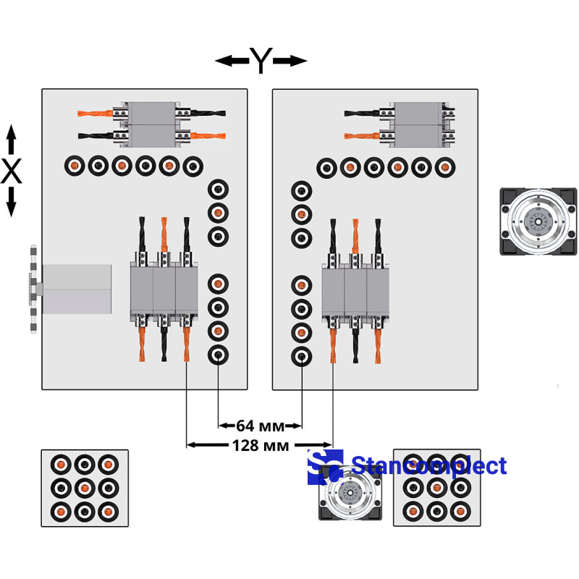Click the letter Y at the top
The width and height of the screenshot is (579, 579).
pyautogui.click(x=260, y=62)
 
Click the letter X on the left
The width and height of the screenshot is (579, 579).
pyautogui.click(x=11, y=172)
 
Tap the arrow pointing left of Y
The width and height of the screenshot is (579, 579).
pyautogui.click(x=231, y=62)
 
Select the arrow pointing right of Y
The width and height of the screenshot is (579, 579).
pyautogui.click(x=290, y=62)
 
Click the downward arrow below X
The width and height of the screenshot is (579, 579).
pyautogui.click(x=11, y=202)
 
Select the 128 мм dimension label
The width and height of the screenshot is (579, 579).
pyautogui.click(x=260, y=444)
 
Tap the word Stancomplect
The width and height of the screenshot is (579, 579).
pyautogui.click(x=428, y=465)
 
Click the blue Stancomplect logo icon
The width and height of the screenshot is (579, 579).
pyautogui.click(x=325, y=465)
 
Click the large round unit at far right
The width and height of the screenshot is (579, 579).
pyautogui.click(x=539, y=221)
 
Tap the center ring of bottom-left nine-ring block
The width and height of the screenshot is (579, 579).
pyautogui.click(x=85, y=488)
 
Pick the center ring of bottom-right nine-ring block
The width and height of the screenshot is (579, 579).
pyautogui.click(x=436, y=488)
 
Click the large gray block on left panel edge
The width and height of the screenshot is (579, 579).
pyautogui.click(x=77, y=289)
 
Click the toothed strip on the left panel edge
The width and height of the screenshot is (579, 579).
pyautogui.click(x=33, y=289)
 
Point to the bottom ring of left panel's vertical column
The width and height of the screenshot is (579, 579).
pyautogui.click(x=218, y=355)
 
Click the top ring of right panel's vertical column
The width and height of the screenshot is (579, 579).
pyautogui.click(x=302, y=191)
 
